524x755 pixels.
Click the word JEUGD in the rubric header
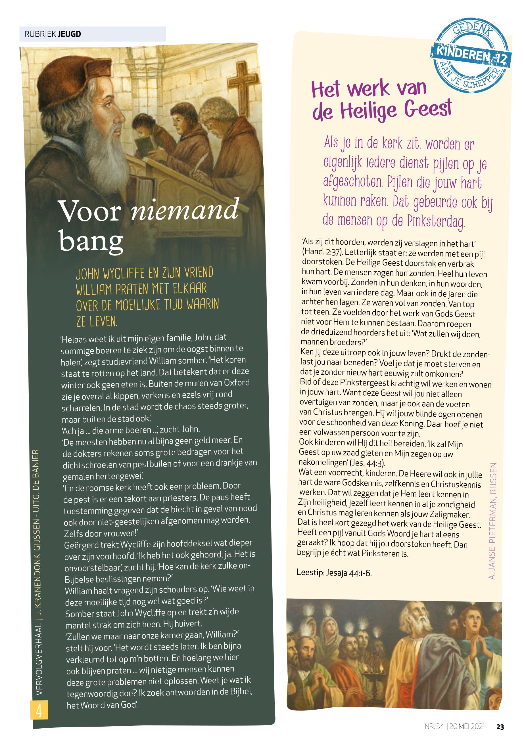coord(69,34)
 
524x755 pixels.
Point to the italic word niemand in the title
coord(185,210)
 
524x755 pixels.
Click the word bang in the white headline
coord(91,241)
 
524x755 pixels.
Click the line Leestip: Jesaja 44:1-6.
coord(334,573)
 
